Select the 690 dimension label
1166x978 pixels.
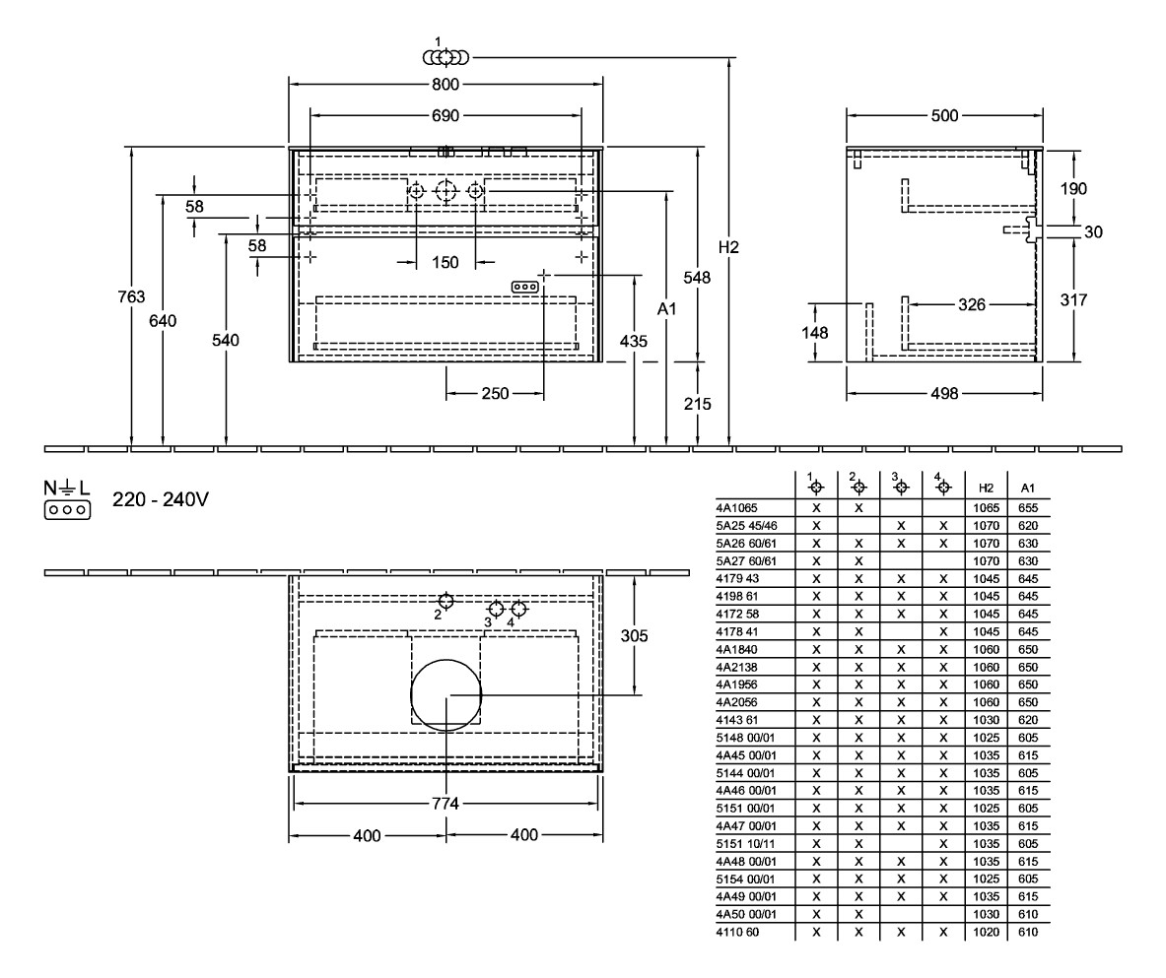(446, 116)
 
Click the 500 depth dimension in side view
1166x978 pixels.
(944, 116)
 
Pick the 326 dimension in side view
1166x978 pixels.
(972, 305)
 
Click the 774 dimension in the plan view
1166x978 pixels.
(446, 804)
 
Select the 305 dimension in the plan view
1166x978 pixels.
(635, 636)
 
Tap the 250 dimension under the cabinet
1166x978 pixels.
(495, 394)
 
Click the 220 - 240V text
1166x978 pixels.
(161, 500)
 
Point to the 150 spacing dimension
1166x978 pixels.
(446, 262)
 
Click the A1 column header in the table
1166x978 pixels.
(1028, 488)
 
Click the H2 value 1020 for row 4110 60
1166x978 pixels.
(986, 932)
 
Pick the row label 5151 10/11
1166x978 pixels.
(745, 843)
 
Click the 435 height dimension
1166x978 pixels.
(635, 341)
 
